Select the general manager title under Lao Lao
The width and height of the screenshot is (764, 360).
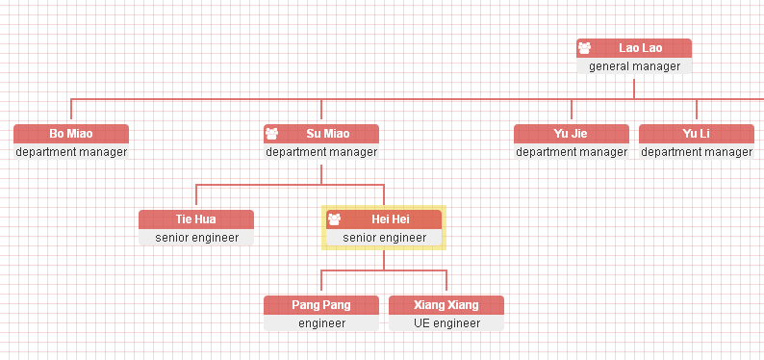pos(634,66)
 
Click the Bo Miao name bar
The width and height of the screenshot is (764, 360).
pos(71,133)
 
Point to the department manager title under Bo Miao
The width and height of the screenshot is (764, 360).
pos(71,152)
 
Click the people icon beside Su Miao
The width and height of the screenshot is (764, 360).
pos(272,133)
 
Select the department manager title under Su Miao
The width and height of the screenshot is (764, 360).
pos(321,152)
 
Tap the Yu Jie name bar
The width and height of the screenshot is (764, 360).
pos(572,133)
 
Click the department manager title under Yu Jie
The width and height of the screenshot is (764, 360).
pos(572,152)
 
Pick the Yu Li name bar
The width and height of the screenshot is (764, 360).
pos(697,133)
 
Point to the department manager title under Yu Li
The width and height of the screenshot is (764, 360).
pos(697,152)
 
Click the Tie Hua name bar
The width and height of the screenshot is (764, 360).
pos(196,219)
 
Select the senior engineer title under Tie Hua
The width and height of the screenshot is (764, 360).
pos(196,238)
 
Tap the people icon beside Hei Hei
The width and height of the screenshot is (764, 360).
pos(335,219)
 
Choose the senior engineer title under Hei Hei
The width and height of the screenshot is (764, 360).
pos(384,238)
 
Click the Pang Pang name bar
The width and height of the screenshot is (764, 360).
pos(321,304)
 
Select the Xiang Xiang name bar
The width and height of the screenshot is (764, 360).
pos(446,304)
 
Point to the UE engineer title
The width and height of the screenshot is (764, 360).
pos(446,323)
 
